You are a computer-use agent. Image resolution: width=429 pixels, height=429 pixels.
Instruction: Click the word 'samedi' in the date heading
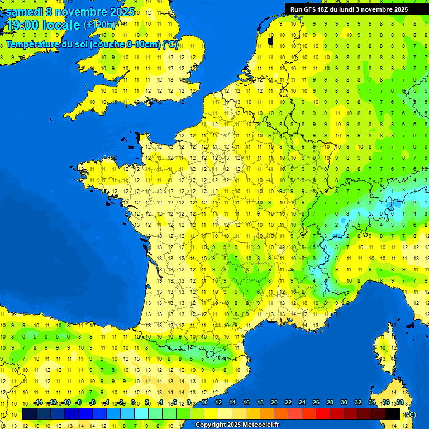point(23,12)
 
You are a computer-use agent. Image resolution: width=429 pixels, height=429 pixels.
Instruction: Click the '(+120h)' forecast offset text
point(100,25)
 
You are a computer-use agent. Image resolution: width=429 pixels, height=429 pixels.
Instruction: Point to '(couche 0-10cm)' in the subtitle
point(124,44)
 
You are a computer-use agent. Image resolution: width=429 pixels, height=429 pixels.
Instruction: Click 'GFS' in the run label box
point(312,9)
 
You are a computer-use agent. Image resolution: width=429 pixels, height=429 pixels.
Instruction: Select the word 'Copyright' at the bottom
point(211,425)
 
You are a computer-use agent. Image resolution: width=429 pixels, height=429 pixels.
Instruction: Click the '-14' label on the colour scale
point(38,403)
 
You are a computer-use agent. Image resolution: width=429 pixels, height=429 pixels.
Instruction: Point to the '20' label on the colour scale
point(274,403)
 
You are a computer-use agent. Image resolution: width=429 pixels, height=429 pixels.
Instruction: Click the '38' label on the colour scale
point(399,403)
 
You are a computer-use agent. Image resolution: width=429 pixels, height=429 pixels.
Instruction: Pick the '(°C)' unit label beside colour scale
point(411,414)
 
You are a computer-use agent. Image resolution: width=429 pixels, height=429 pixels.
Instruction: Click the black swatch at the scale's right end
point(393,413)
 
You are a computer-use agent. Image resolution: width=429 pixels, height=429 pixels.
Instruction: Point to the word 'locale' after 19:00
point(61,25)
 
